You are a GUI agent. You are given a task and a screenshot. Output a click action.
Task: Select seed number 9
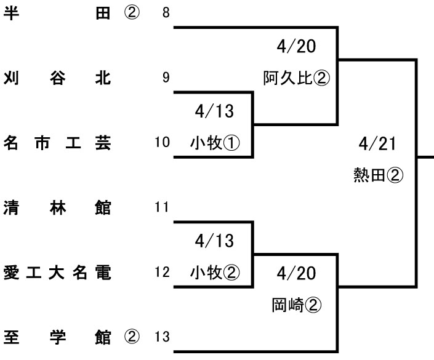point(166,78)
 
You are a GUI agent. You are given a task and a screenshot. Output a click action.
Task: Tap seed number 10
point(163,143)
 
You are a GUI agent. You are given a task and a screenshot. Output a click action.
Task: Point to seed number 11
point(163,207)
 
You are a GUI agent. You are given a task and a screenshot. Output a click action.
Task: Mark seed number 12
point(163,272)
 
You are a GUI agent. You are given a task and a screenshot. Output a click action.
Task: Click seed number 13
point(163,337)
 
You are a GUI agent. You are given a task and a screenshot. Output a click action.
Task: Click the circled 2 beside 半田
point(132,14)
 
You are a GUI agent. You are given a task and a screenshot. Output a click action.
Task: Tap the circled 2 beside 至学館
point(132,337)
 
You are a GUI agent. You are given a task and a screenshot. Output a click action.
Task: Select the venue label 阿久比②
point(297,78)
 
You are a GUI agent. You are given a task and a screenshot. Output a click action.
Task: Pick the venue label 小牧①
point(214,143)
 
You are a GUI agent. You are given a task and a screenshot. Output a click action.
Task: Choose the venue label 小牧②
point(214,271)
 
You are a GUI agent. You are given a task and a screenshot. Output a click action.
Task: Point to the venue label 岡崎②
point(297,304)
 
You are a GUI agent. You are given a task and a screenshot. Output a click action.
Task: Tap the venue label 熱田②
point(377,176)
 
